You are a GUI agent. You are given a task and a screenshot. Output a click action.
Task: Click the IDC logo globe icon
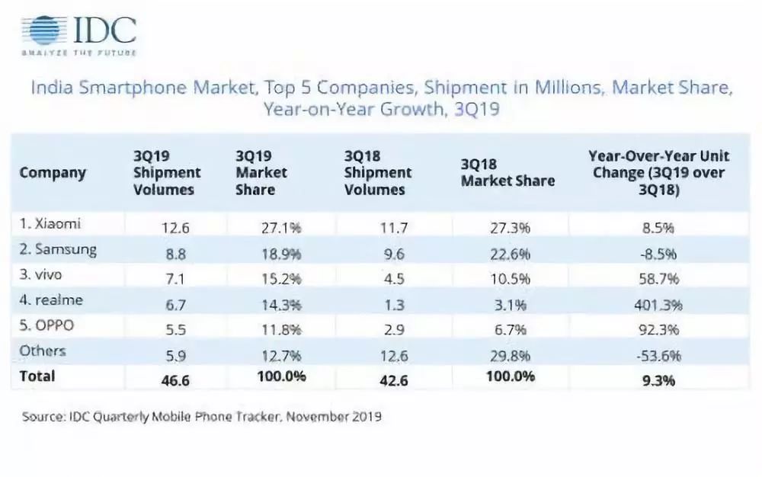pyautogui.click(x=43, y=30)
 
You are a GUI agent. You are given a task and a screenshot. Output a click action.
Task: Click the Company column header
pyautogui.click(x=53, y=172)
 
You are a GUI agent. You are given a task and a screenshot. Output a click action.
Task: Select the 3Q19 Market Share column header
pyautogui.click(x=261, y=172)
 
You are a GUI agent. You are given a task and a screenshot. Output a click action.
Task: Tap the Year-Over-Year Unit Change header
pyautogui.click(x=658, y=172)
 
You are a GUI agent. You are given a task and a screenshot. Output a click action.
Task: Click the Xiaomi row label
pyautogui.click(x=50, y=224)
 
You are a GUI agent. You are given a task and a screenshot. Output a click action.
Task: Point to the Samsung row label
pyautogui.click(x=58, y=249)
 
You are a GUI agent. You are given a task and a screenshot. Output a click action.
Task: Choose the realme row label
pyautogui.click(x=51, y=300)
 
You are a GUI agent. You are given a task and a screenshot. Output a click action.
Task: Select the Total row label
pyautogui.click(x=38, y=376)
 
